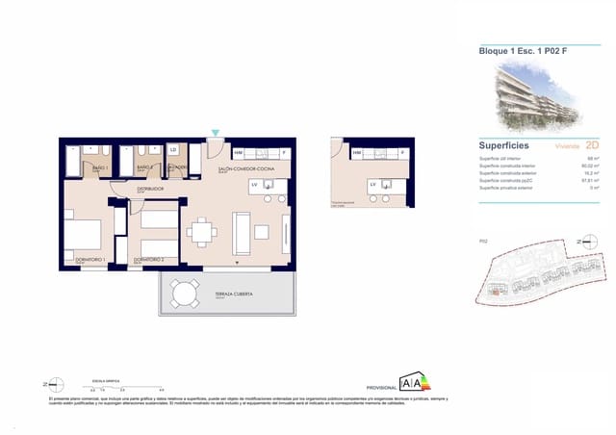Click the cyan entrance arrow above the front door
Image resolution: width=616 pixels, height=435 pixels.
pos(216,134)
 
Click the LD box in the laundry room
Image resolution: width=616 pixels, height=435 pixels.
pos(173,150)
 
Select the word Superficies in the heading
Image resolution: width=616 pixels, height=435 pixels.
pos(502,144)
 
